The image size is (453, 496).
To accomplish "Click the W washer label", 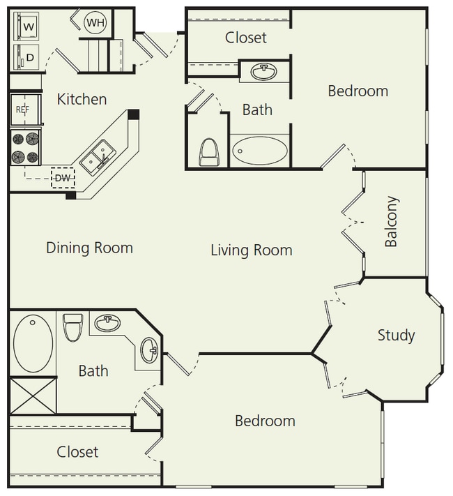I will [29, 27].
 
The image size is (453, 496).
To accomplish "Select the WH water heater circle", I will [95, 23].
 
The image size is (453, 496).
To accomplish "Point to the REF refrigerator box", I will [23, 110].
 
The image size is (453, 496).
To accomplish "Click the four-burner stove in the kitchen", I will [25, 147].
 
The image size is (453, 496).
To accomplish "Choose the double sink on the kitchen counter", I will [98, 156].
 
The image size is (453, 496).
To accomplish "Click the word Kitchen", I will [82, 99].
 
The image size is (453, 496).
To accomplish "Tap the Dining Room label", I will [89, 248].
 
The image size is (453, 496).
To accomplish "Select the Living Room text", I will [251, 250].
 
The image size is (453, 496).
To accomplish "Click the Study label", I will [396, 335].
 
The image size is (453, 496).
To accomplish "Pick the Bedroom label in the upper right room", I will [358, 91].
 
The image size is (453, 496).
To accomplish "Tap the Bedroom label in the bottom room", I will [264, 421].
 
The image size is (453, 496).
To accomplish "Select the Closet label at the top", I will [246, 37].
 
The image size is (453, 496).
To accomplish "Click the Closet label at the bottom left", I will [77, 452].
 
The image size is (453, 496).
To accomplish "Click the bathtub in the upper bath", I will [259, 150].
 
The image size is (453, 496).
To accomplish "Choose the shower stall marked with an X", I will [32, 396].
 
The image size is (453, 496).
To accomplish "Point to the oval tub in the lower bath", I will [32, 343].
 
